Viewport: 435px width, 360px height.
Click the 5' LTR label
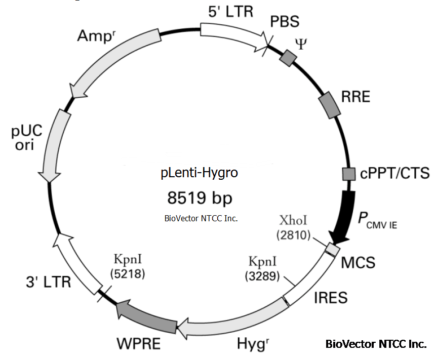(x=230, y=11)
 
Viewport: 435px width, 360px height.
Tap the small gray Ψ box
(x=288, y=58)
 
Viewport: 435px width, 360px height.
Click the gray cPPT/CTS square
(x=348, y=174)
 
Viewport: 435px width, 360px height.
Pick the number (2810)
(x=293, y=235)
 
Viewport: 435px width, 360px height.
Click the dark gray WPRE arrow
(x=147, y=317)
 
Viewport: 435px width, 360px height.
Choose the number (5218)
(x=127, y=274)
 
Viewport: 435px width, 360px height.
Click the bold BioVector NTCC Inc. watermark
(x=376, y=345)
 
